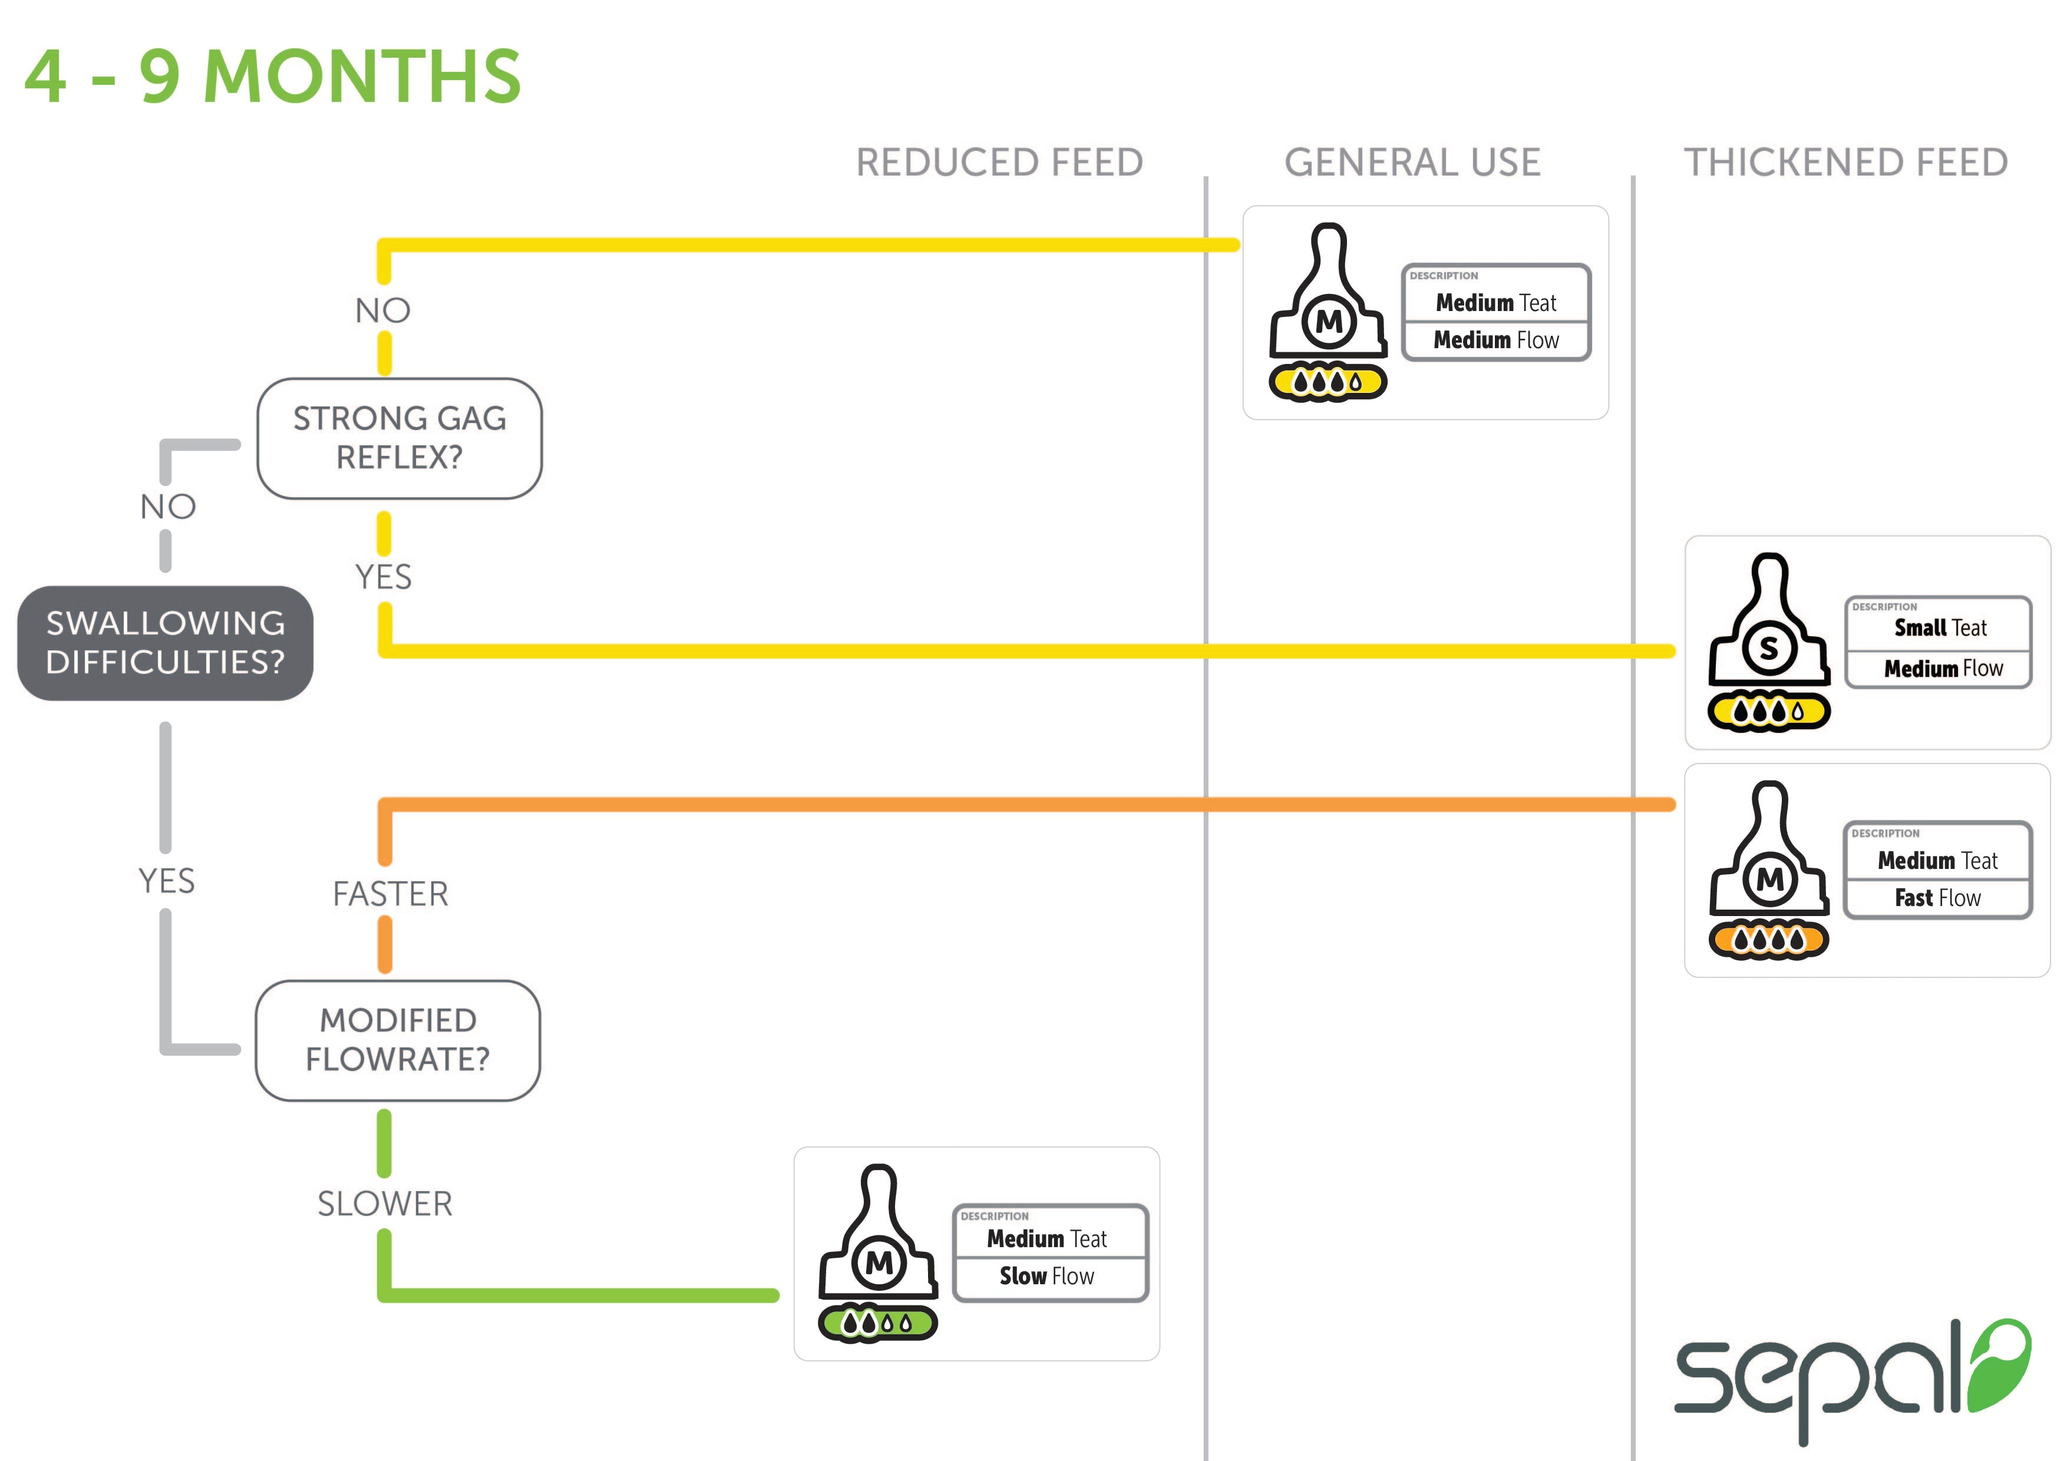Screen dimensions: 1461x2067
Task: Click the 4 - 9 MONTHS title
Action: pos(272,77)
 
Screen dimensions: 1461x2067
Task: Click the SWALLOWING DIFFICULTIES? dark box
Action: pos(166,643)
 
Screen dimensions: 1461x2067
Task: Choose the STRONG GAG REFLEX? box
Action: pos(399,438)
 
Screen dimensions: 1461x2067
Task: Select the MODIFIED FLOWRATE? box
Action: pos(398,1040)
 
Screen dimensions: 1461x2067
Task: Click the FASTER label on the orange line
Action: pos(390,894)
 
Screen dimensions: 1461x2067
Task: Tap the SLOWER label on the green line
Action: pos(384,1204)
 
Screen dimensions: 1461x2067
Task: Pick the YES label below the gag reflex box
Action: pos(384,577)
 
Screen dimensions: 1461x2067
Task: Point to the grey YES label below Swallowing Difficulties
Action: pos(167,880)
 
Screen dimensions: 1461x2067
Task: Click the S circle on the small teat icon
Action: pos(1768,647)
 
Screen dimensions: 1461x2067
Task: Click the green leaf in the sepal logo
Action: pos(2000,1364)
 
